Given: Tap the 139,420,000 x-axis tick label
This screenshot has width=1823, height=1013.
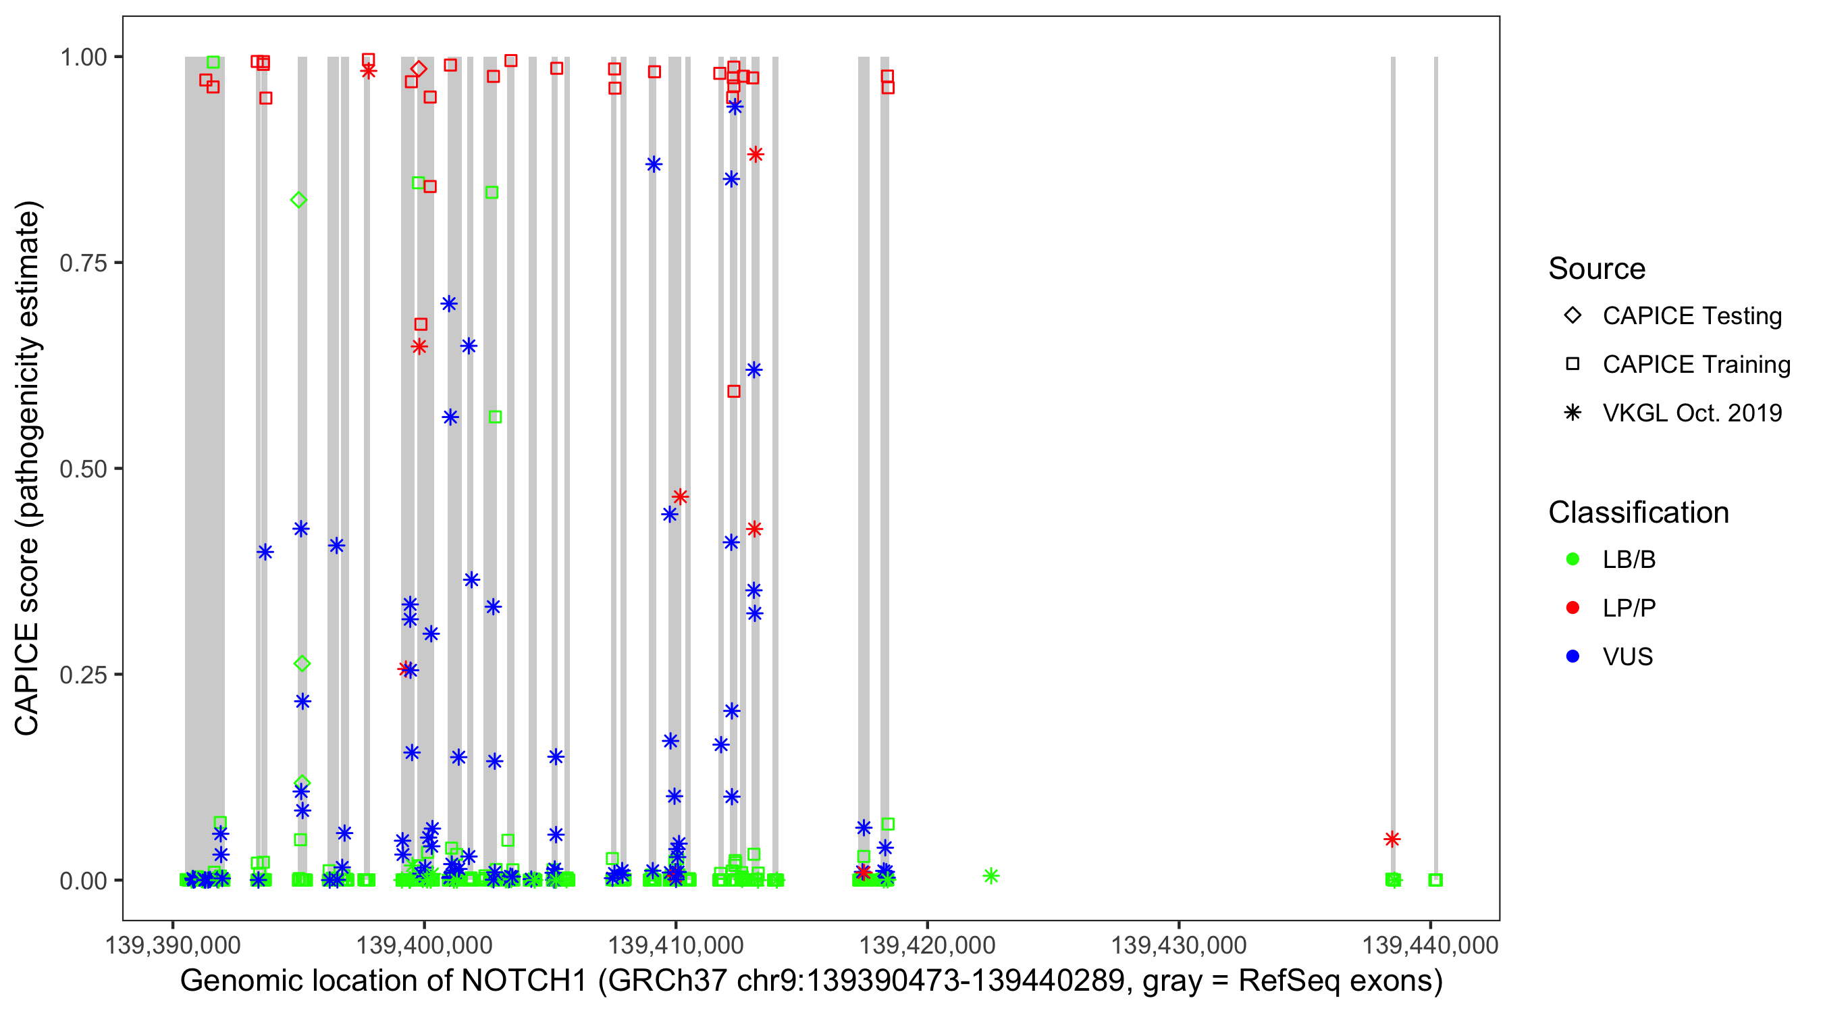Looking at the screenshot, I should [x=927, y=945].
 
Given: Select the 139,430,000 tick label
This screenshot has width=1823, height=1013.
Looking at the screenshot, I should [x=1178, y=945].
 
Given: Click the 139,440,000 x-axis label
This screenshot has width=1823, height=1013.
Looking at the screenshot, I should [x=1430, y=945].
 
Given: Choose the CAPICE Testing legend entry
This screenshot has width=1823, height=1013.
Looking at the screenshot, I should [x=1691, y=316].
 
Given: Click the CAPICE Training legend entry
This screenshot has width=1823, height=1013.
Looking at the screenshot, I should [x=1695, y=365].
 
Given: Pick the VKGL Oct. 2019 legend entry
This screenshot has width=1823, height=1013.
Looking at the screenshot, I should [x=1691, y=413].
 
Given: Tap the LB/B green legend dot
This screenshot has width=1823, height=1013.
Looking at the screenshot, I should [x=1573, y=559].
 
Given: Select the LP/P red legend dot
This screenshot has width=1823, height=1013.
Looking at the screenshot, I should [x=1573, y=608].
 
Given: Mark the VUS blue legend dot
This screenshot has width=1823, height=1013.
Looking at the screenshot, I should [x=1573, y=656].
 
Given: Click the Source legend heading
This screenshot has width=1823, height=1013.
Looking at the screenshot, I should [x=1597, y=269].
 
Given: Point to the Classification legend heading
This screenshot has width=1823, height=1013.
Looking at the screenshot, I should [x=1638, y=513].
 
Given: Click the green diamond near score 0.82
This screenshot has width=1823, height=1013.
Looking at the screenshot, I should [x=298, y=201].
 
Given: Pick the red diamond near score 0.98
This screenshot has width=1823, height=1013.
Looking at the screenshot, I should [x=419, y=69].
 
